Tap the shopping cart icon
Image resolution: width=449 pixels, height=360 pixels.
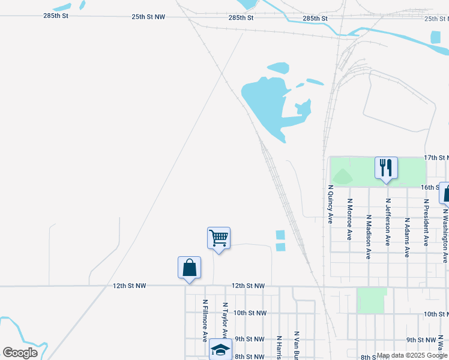(219, 238)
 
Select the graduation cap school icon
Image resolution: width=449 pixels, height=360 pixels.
(220, 349)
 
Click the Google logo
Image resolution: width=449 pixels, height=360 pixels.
(20, 353)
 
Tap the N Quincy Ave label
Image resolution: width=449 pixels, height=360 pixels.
(330, 204)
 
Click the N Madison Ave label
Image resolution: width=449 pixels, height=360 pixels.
(369, 238)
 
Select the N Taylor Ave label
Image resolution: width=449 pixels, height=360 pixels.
(225, 321)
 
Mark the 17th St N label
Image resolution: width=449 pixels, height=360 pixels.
(436, 157)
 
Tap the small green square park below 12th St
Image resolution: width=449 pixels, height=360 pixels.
(371, 300)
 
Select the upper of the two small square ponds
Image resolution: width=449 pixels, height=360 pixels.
(280, 235)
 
